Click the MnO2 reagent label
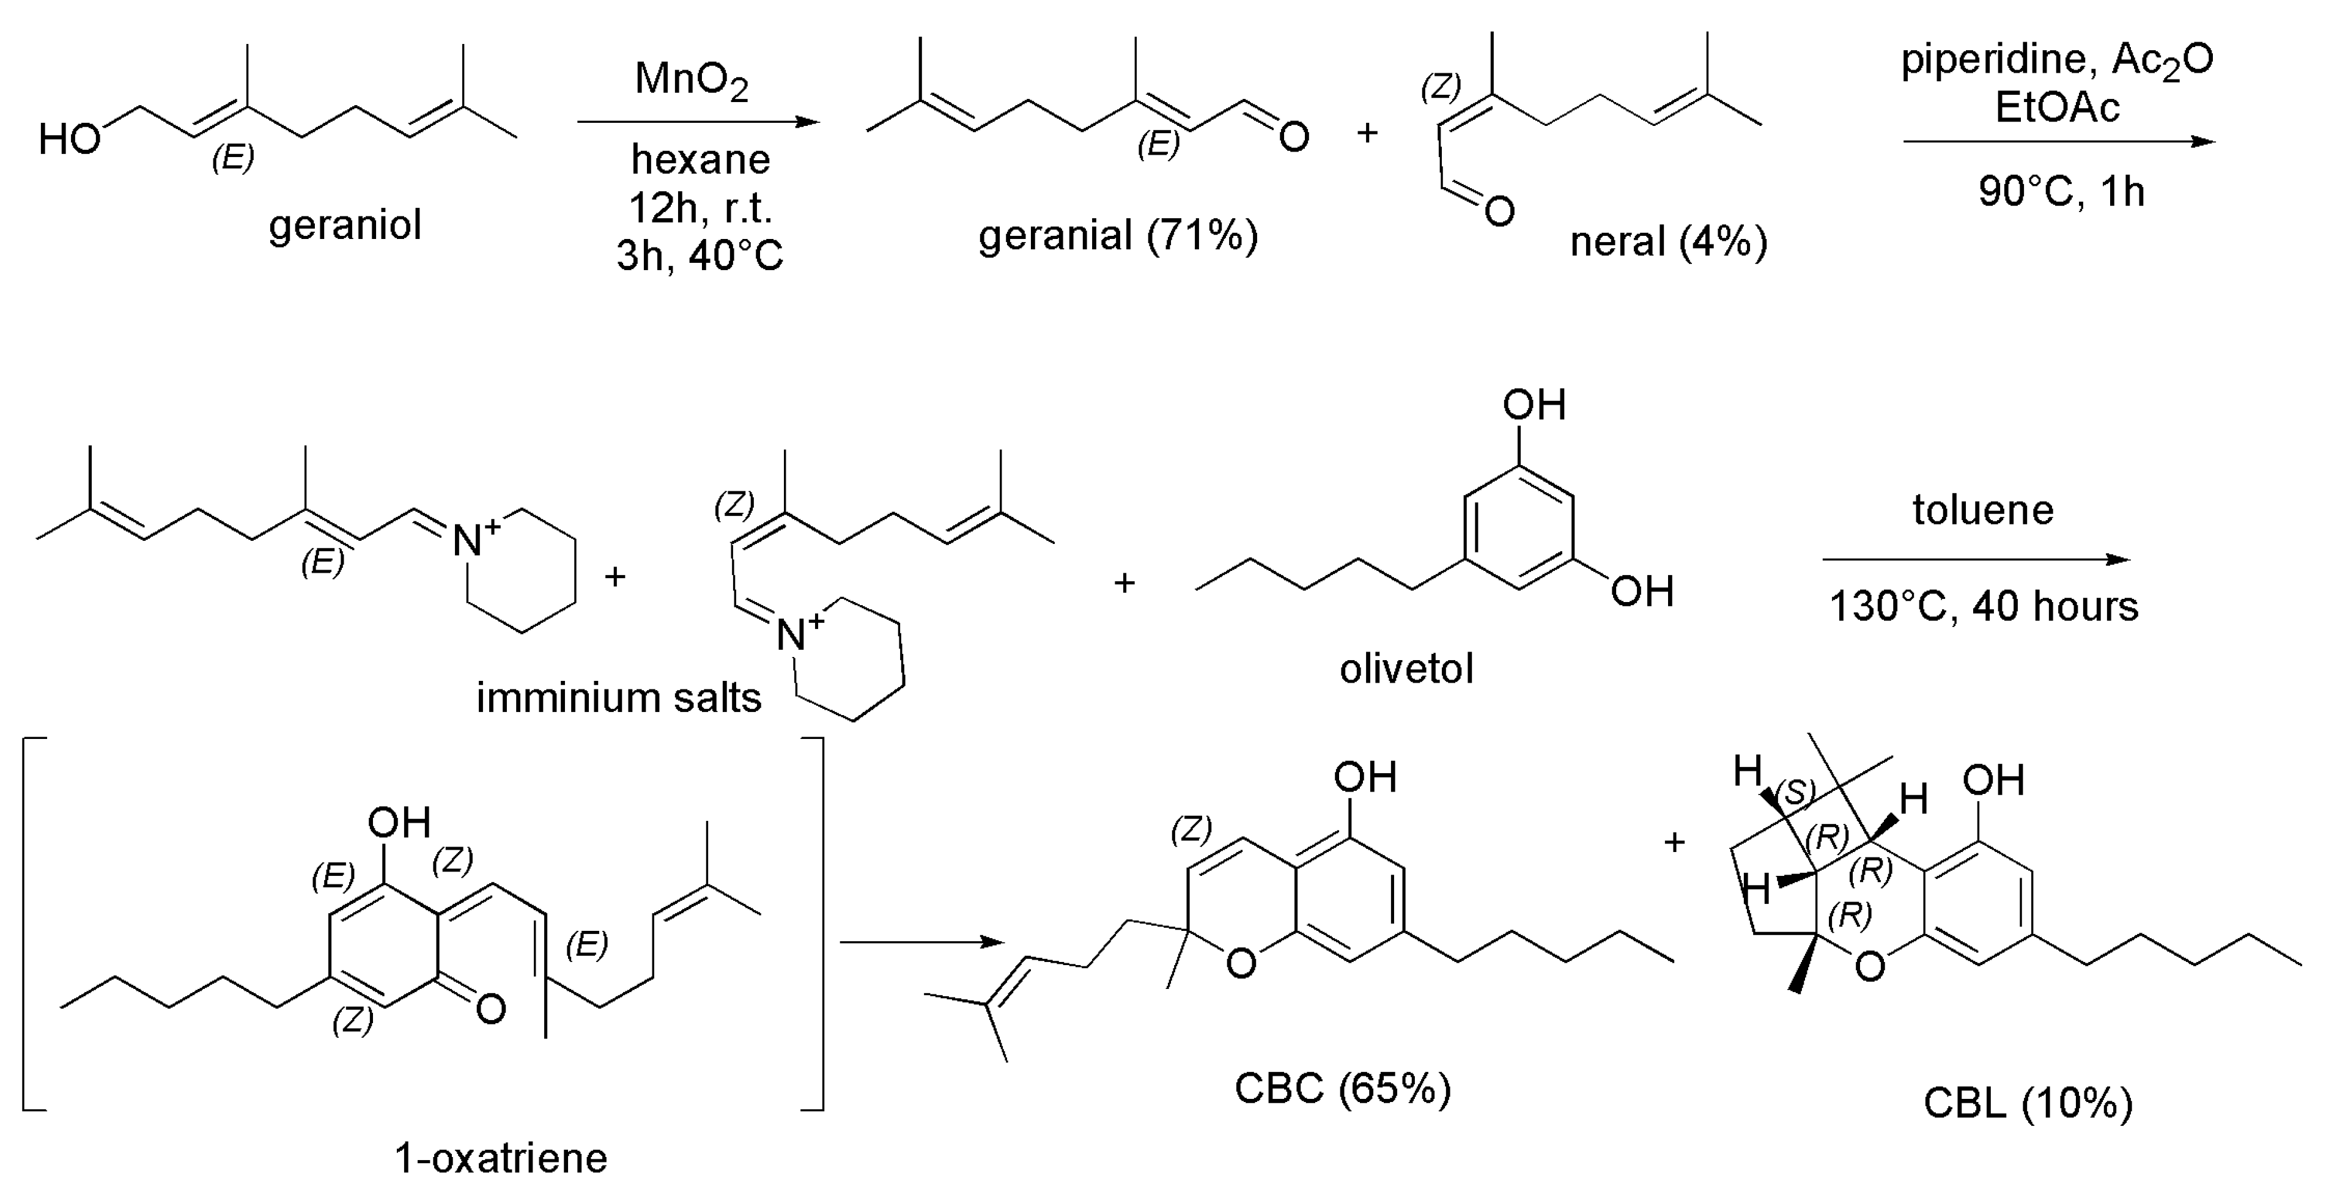(692, 80)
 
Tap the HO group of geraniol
(69, 140)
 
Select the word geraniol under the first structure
(345, 225)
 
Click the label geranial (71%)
(1118, 236)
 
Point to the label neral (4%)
(1669, 242)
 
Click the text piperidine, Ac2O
(2057, 61)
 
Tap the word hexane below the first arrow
(700, 160)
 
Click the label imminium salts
(619, 697)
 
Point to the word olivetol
(1406, 669)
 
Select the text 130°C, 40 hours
(1983, 606)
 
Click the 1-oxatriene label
(501, 1158)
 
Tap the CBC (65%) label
(1343, 1087)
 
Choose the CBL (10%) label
(2028, 1103)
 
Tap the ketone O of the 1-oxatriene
(490, 1008)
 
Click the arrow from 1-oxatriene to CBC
(921, 942)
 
